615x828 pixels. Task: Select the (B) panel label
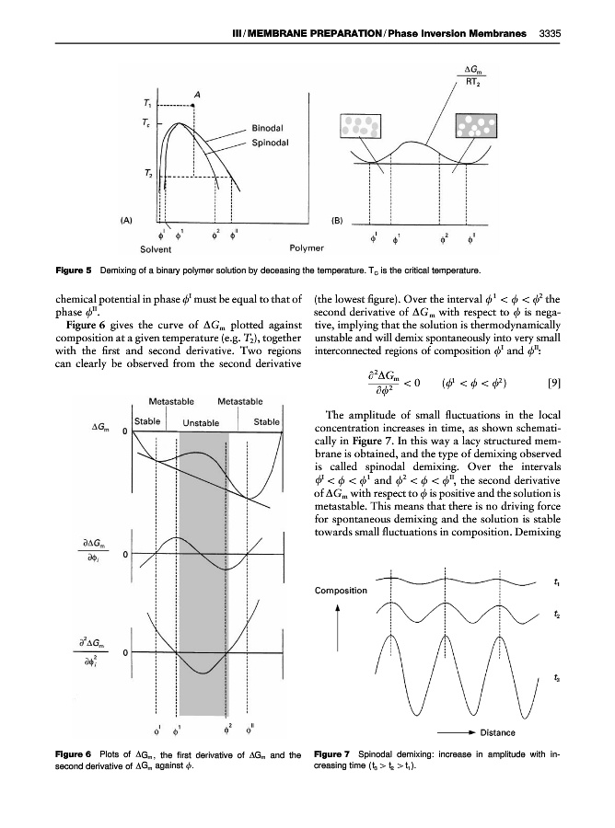pos(339,220)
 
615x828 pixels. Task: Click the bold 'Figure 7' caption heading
pos(339,755)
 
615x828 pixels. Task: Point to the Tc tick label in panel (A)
pos(135,121)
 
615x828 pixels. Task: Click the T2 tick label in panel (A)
pos(135,173)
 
